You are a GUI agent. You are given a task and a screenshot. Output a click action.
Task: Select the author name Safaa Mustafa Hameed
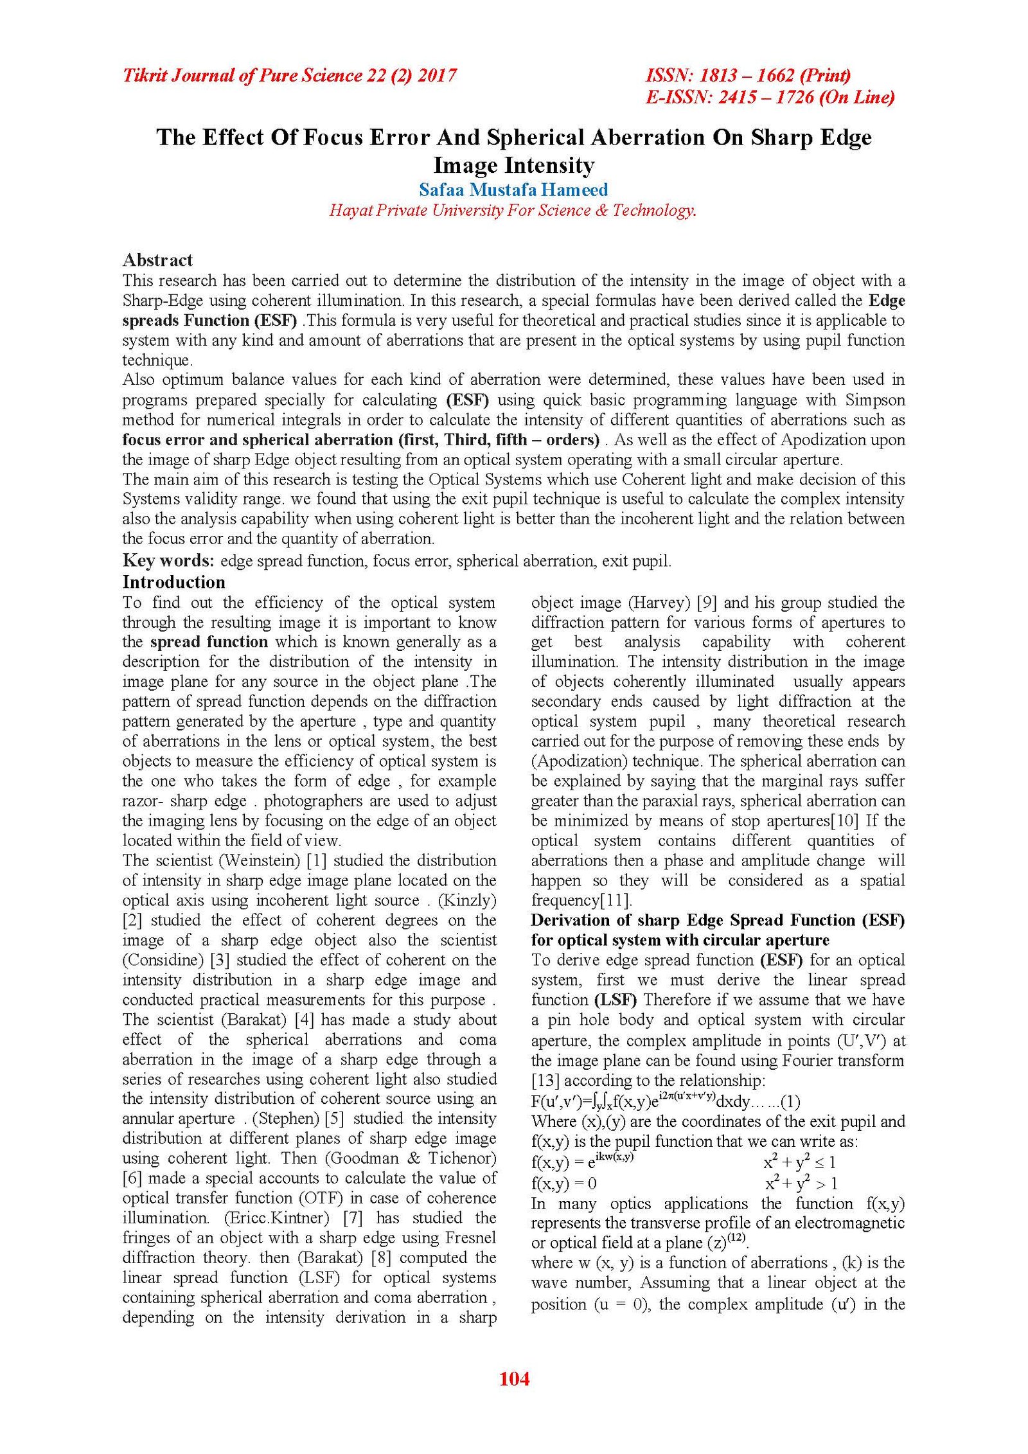coord(513,190)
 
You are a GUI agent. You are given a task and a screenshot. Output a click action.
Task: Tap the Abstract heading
coord(157,260)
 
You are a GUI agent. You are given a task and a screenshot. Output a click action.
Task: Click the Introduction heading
coord(173,582)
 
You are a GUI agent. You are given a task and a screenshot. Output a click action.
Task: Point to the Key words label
coord(168,560)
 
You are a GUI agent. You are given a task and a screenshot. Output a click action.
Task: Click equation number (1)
coord(790,1102)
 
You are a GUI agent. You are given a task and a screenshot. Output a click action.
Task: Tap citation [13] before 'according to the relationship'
coord(545,1080)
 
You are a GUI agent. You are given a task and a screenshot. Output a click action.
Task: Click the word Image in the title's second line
coord(465,165)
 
